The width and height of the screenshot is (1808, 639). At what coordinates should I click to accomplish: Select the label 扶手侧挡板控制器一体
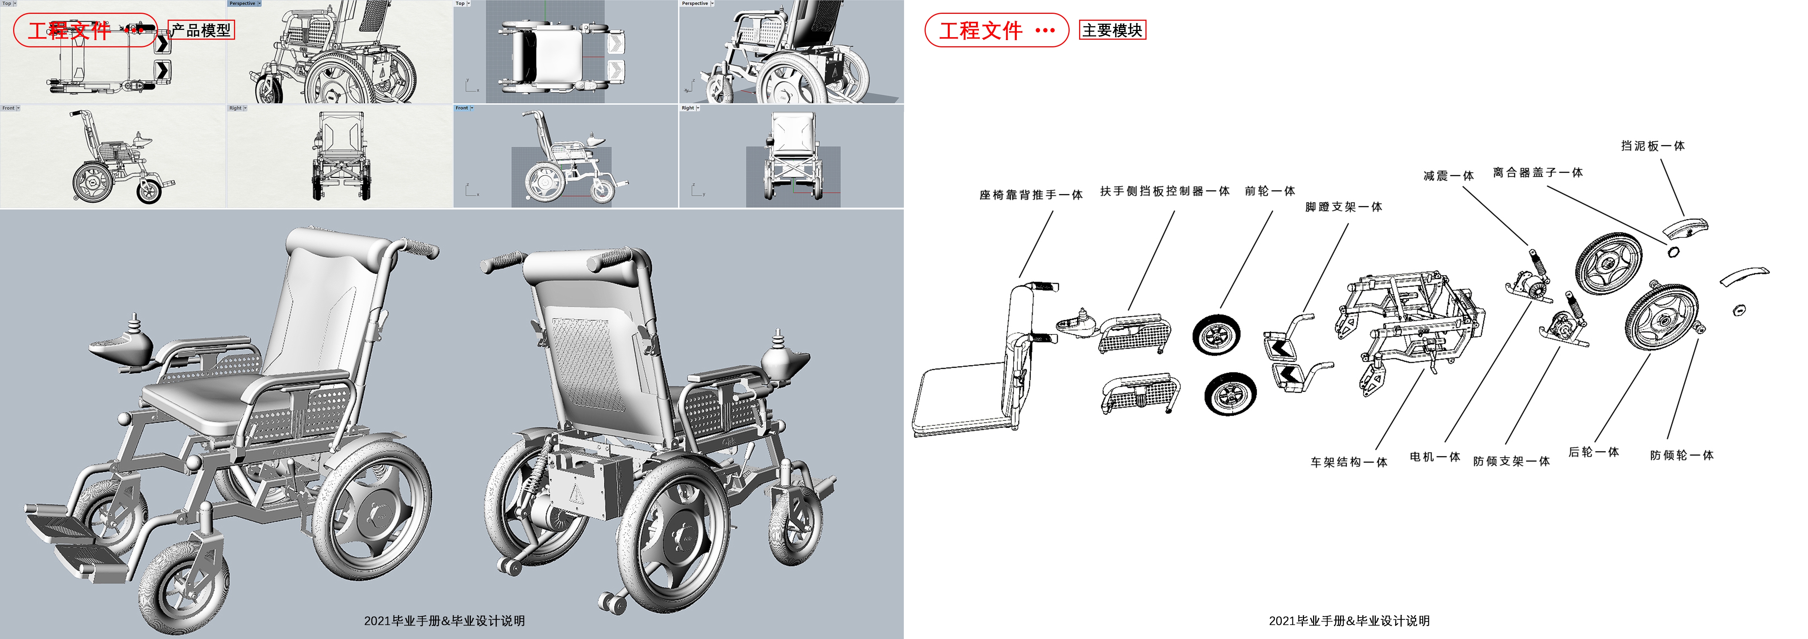[1164, 191]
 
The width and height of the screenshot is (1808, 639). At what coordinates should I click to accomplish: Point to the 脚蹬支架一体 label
[1343, 207]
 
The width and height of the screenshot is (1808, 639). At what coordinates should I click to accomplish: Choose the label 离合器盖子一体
[1537, 173]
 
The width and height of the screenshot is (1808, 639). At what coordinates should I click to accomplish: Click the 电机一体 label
[1434, 456]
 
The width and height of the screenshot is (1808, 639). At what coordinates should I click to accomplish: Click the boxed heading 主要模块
[1112, 30]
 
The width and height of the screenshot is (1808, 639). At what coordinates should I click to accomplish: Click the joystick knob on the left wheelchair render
[134, 324]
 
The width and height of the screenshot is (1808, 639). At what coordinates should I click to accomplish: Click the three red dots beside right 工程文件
[1044, 30]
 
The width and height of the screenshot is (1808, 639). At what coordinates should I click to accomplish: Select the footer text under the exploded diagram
[1348, 621]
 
